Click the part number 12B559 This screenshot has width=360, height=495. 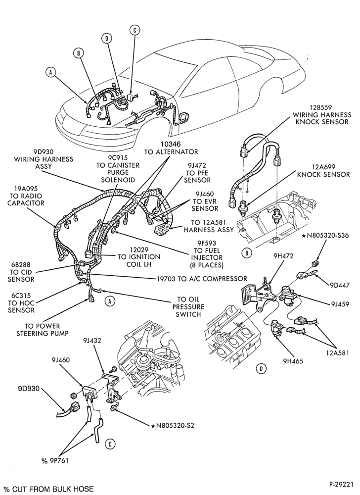click(321, 107)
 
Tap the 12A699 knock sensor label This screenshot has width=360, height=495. click(323, 171)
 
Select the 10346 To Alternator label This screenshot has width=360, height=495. click(171, 148)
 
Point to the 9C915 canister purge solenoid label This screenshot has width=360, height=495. click(118, 169)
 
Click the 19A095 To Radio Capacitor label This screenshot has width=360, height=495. click(26, 196)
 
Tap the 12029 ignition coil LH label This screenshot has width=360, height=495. click(138, 257)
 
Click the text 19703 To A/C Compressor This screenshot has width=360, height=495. click(202, 278)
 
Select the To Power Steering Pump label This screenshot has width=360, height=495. click(42, 330)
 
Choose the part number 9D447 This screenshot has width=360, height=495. click(340, 286)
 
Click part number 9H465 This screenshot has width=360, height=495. click(293, 361)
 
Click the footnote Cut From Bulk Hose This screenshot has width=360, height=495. click(48, 490)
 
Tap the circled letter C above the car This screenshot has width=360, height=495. click(135, 30)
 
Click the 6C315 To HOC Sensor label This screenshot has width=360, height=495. click(22, 303)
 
